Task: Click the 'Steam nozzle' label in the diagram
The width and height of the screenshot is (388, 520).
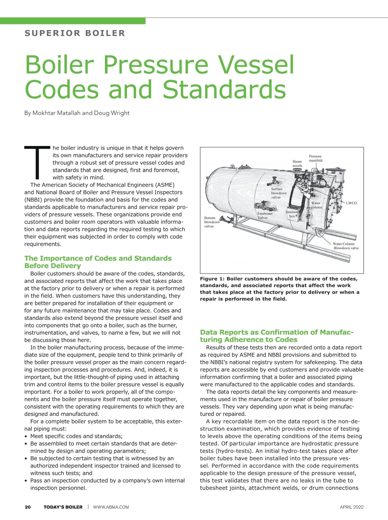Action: [x=297, y=163]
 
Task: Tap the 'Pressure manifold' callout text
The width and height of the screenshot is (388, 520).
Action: [x=315, y=158]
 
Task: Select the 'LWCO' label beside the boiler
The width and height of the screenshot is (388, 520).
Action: [x=351, y=203]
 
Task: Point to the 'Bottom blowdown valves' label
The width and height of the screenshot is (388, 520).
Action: [x=212, y=222]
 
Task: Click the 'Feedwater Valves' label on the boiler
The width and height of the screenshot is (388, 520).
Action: [x=265, y=215]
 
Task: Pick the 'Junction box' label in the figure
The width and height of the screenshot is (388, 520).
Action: [x=292, y=214]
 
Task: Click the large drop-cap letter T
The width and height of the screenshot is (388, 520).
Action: [x=37, y=162]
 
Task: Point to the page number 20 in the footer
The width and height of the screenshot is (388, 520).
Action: [x=28, y=507]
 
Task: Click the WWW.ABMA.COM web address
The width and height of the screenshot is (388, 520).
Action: [x=111, y=507]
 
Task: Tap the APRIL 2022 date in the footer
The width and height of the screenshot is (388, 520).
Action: [x=351, y=507]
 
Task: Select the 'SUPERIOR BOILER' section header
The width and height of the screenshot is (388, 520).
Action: [x=75, y=33]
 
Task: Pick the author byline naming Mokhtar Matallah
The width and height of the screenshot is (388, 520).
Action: [x=77, y=113]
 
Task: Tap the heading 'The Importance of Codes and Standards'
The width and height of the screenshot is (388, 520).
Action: [x=98, y=258]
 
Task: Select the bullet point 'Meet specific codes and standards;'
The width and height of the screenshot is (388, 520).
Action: [x=76, y=436]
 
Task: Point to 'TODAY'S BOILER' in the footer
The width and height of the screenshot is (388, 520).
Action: [x=63, y=507]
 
